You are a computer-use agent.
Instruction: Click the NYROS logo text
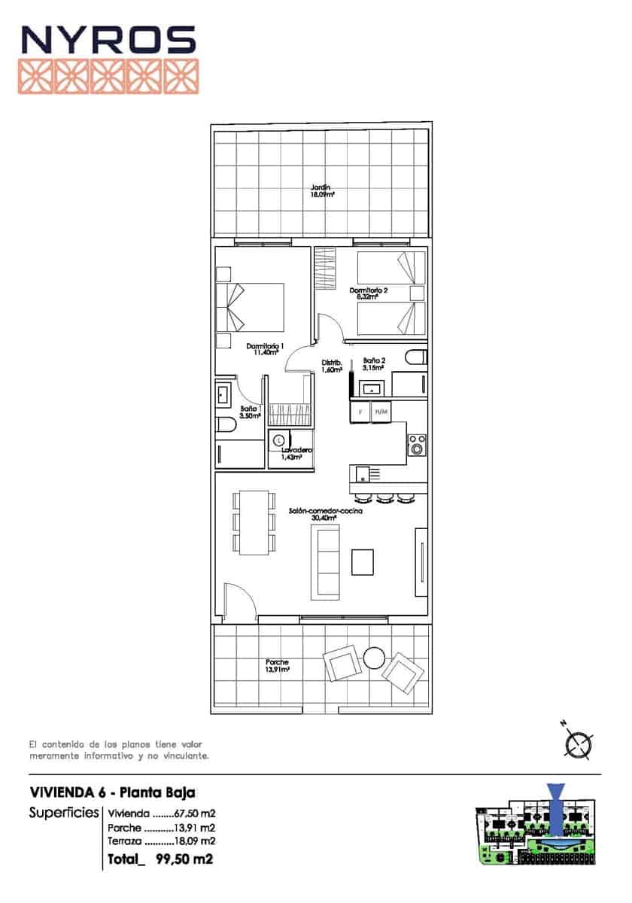(x=108, y=40)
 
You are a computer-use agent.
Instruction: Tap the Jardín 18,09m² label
(x=322, y=190)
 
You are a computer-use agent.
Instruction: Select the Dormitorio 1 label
(x=264, y=349)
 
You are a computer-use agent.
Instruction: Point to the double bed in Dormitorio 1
(x=251, y=307)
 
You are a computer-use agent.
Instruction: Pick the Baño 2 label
(x=374, y=364)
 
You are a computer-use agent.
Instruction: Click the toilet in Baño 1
(x=225, y=426)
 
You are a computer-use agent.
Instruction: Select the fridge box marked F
(x=360, y=412)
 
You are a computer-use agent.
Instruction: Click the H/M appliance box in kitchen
(x=381, y=412)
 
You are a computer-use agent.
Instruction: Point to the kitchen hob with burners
(x=416, y=445)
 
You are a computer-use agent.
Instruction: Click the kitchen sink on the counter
(x=363, y=474)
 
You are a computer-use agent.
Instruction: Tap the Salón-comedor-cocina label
(x=326, y=514)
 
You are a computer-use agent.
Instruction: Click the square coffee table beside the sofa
(x=363, y=562)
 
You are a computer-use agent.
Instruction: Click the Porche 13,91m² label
(x=277, y=666)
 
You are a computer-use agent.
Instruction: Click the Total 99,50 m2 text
(x=160, y=859)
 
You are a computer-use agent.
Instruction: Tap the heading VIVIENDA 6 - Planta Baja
(x=112, y=792)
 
